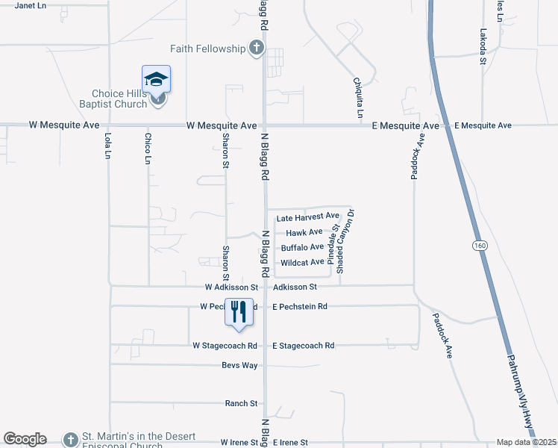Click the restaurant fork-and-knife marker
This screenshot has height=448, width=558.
tap(239, 311)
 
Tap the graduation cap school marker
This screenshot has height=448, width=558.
tap(157, 79)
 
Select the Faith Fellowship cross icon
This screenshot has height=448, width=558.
tap(256, 49)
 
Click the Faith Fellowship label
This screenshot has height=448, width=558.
tap(207, 49)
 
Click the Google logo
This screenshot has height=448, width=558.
tap(25, 439)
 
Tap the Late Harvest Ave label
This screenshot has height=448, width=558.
tap(307, 218)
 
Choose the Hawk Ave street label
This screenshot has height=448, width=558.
tap(309, 232)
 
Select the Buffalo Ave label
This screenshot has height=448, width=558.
tap(302, 247)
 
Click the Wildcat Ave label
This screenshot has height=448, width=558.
tap(302, 263)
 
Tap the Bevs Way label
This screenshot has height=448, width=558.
tap(239, 365)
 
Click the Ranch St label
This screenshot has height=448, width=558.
tap(241, 403)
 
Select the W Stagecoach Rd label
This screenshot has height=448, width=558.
tap(225, 346)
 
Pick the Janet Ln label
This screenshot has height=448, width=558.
tap(31, 4)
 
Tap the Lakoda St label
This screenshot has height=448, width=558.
tap(483, 47)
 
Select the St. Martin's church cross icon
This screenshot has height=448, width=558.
tap(70, 440)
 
